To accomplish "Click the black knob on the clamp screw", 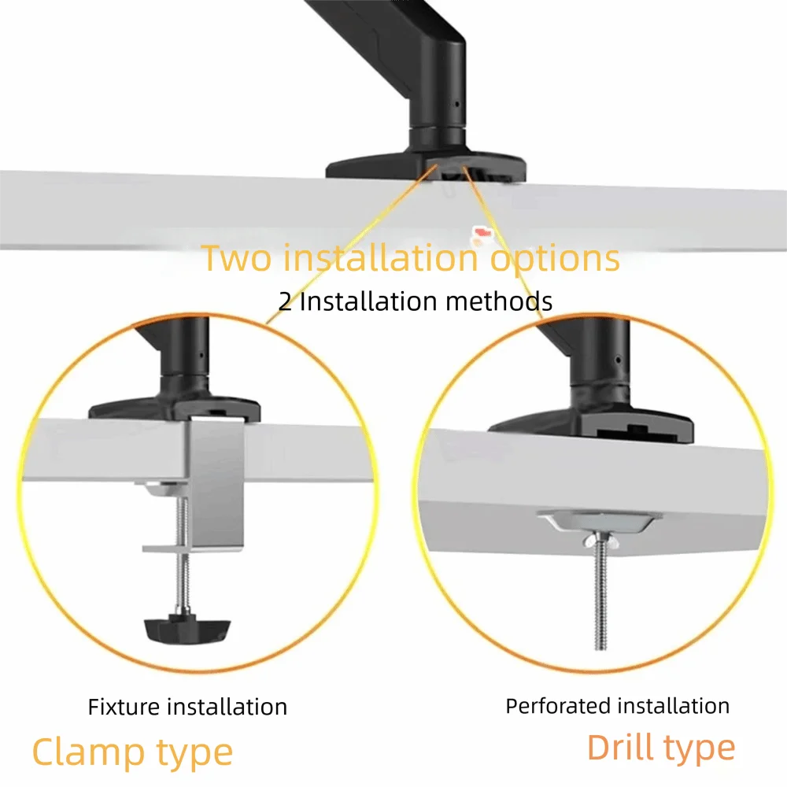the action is coord(187,629).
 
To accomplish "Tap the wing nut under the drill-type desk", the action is coord(600,541).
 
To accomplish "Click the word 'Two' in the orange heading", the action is coord(236,257).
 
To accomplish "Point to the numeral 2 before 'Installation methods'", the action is coord(285,301).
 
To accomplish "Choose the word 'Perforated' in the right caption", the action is coord(557,707).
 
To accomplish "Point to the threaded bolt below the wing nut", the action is coord(600,597).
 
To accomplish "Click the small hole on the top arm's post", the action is coord(456,105).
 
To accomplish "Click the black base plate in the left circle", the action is coord(175,408).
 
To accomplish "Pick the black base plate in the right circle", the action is coord(591,427).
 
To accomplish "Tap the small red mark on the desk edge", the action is coord(483,232).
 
